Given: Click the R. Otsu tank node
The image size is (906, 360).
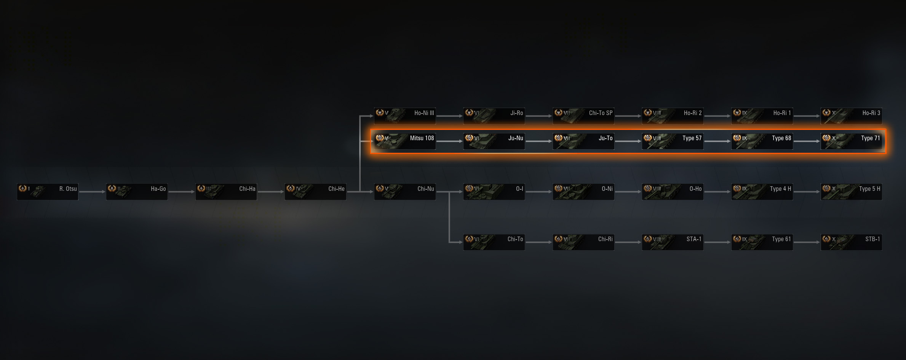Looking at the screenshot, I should coord(48,192).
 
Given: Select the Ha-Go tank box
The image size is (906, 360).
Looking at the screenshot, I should coord(137,192).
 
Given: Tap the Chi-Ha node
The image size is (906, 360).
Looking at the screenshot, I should coord(226,192).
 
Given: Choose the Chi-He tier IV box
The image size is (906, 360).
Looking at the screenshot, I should coord(315,192).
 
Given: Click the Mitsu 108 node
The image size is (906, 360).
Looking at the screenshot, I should coord(405,141).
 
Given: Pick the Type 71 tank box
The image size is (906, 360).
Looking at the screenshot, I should coord(851,141).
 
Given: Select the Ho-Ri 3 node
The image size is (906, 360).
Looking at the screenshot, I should coord(851,116).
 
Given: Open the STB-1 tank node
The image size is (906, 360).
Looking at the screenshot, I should coord(851,242).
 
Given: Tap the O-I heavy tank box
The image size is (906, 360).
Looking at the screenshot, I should coord(494,192).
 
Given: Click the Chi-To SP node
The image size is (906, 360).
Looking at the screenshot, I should coord(583,116).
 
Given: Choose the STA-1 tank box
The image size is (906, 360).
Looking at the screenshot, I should coord(673,242).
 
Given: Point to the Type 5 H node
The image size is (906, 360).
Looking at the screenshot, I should coord(851,192).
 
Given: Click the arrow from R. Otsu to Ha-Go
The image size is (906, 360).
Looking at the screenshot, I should coord(92,192).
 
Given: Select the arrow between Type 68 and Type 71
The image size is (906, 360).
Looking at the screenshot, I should coord(807,141).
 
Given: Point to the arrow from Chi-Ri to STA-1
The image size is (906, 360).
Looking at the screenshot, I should coord(628,242).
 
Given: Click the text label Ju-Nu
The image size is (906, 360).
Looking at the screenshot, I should coord(516,138).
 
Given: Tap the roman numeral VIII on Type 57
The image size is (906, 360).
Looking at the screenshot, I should coord(657,138).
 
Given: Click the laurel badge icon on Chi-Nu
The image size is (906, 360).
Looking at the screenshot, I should coord(380,188).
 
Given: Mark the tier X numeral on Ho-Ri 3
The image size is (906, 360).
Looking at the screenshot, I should coord(834,113).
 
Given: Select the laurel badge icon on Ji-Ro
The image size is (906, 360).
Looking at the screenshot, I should coord(469,112).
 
